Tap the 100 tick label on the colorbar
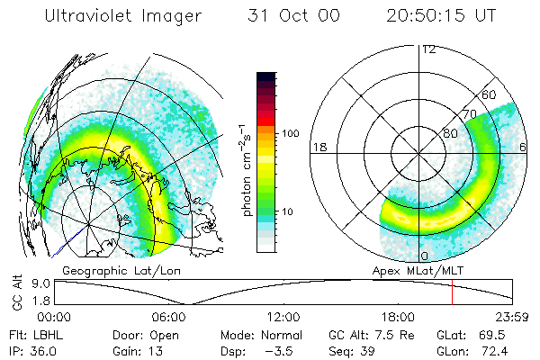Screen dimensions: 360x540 pyautogui.click(x=291, y=133)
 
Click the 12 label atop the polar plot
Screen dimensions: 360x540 pyautogui.click(x=428, y=48)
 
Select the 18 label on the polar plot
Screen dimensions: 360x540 pyautogui.click(x=319, y=146)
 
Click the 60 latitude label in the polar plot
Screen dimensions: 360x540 pyautogui.click(x=489, y=94)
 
